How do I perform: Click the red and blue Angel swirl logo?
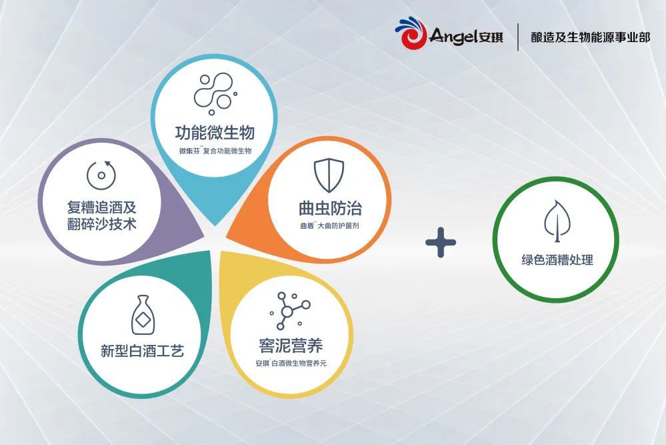[x=411, y=33]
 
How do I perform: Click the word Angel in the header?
[x=453, y=36]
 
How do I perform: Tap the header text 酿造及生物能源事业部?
[x=591, y=37]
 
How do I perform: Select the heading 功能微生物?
[x=215, y=133]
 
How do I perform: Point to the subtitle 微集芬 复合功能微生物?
[x=215, y=151]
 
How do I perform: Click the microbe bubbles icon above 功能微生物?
[x=215, y=93]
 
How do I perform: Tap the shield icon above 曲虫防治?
[x=329, y=175]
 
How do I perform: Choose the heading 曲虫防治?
[x=330, y=208]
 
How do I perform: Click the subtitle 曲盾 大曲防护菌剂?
[x=329, y=226]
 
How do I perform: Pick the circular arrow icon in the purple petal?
[x=101, y=175]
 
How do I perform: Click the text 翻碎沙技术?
[x=101, y=224]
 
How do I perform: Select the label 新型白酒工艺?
[x=142, y=351]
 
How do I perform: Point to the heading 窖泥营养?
[x=291, y=346]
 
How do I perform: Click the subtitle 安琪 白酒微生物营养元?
[x=291, y=364]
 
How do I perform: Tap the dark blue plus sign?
[x=441, y=242]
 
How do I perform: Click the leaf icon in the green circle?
[x=557, y=221]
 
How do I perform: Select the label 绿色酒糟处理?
[x=557, y=260]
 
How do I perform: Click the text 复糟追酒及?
[x=101, y=207]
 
